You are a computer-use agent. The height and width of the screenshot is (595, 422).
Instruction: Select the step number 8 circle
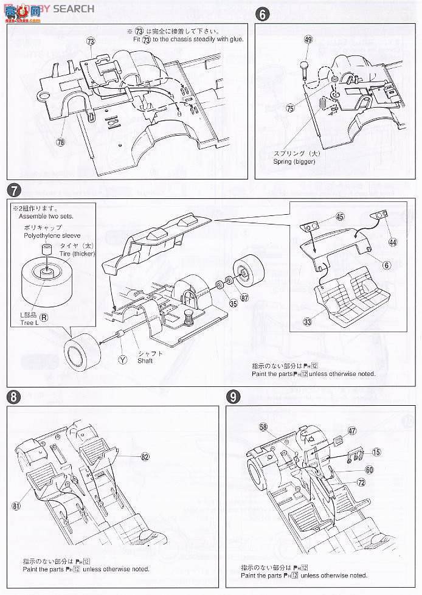13,396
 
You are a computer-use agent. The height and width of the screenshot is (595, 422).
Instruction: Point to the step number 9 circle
232,396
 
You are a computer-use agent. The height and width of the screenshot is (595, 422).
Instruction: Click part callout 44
392,242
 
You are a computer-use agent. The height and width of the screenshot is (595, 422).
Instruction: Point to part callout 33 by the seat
307,321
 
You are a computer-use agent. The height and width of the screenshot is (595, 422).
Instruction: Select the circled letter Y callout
123,360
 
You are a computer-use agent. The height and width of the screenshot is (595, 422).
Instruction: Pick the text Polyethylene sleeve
46,234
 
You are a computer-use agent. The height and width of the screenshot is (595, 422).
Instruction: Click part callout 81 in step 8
15,504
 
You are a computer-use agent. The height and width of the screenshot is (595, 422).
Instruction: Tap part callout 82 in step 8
145,456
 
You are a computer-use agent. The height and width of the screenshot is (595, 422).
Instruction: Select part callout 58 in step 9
263,428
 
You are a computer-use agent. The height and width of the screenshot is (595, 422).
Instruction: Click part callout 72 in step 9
360,482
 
